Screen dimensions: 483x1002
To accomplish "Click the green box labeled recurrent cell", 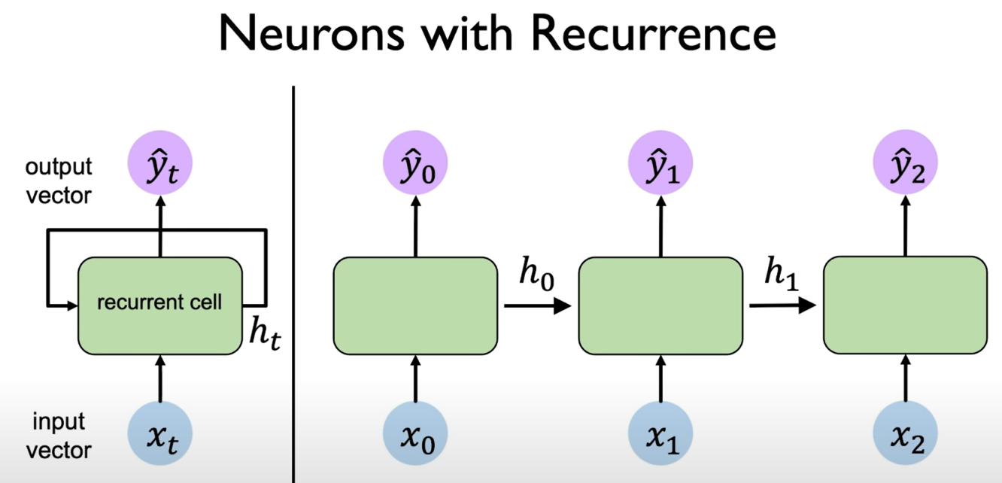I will point(160,305).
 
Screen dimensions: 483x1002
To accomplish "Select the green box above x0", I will point(414,305).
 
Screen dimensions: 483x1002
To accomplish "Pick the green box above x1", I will point(660,305).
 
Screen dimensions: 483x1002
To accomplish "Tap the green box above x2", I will point(905,305).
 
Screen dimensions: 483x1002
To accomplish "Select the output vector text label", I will point(59,181).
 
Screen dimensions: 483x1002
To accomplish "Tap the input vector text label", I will point(59,436).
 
